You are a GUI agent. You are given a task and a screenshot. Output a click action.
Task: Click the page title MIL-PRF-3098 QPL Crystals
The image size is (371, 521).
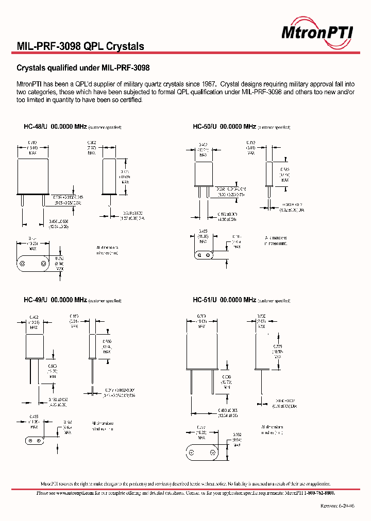tap(80, 46)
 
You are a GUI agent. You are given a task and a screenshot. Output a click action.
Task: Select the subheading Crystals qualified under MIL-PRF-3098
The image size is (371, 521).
tap(83, 67)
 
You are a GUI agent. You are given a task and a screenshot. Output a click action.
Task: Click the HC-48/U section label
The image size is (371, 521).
tap(36, 127)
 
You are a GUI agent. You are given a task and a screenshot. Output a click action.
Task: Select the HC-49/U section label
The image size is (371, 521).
tap(36, 300)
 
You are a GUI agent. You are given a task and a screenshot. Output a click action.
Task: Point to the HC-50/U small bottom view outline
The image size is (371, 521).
tap(203, 255)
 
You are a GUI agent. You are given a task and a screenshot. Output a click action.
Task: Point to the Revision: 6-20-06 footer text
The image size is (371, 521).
tap(338, 506)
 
